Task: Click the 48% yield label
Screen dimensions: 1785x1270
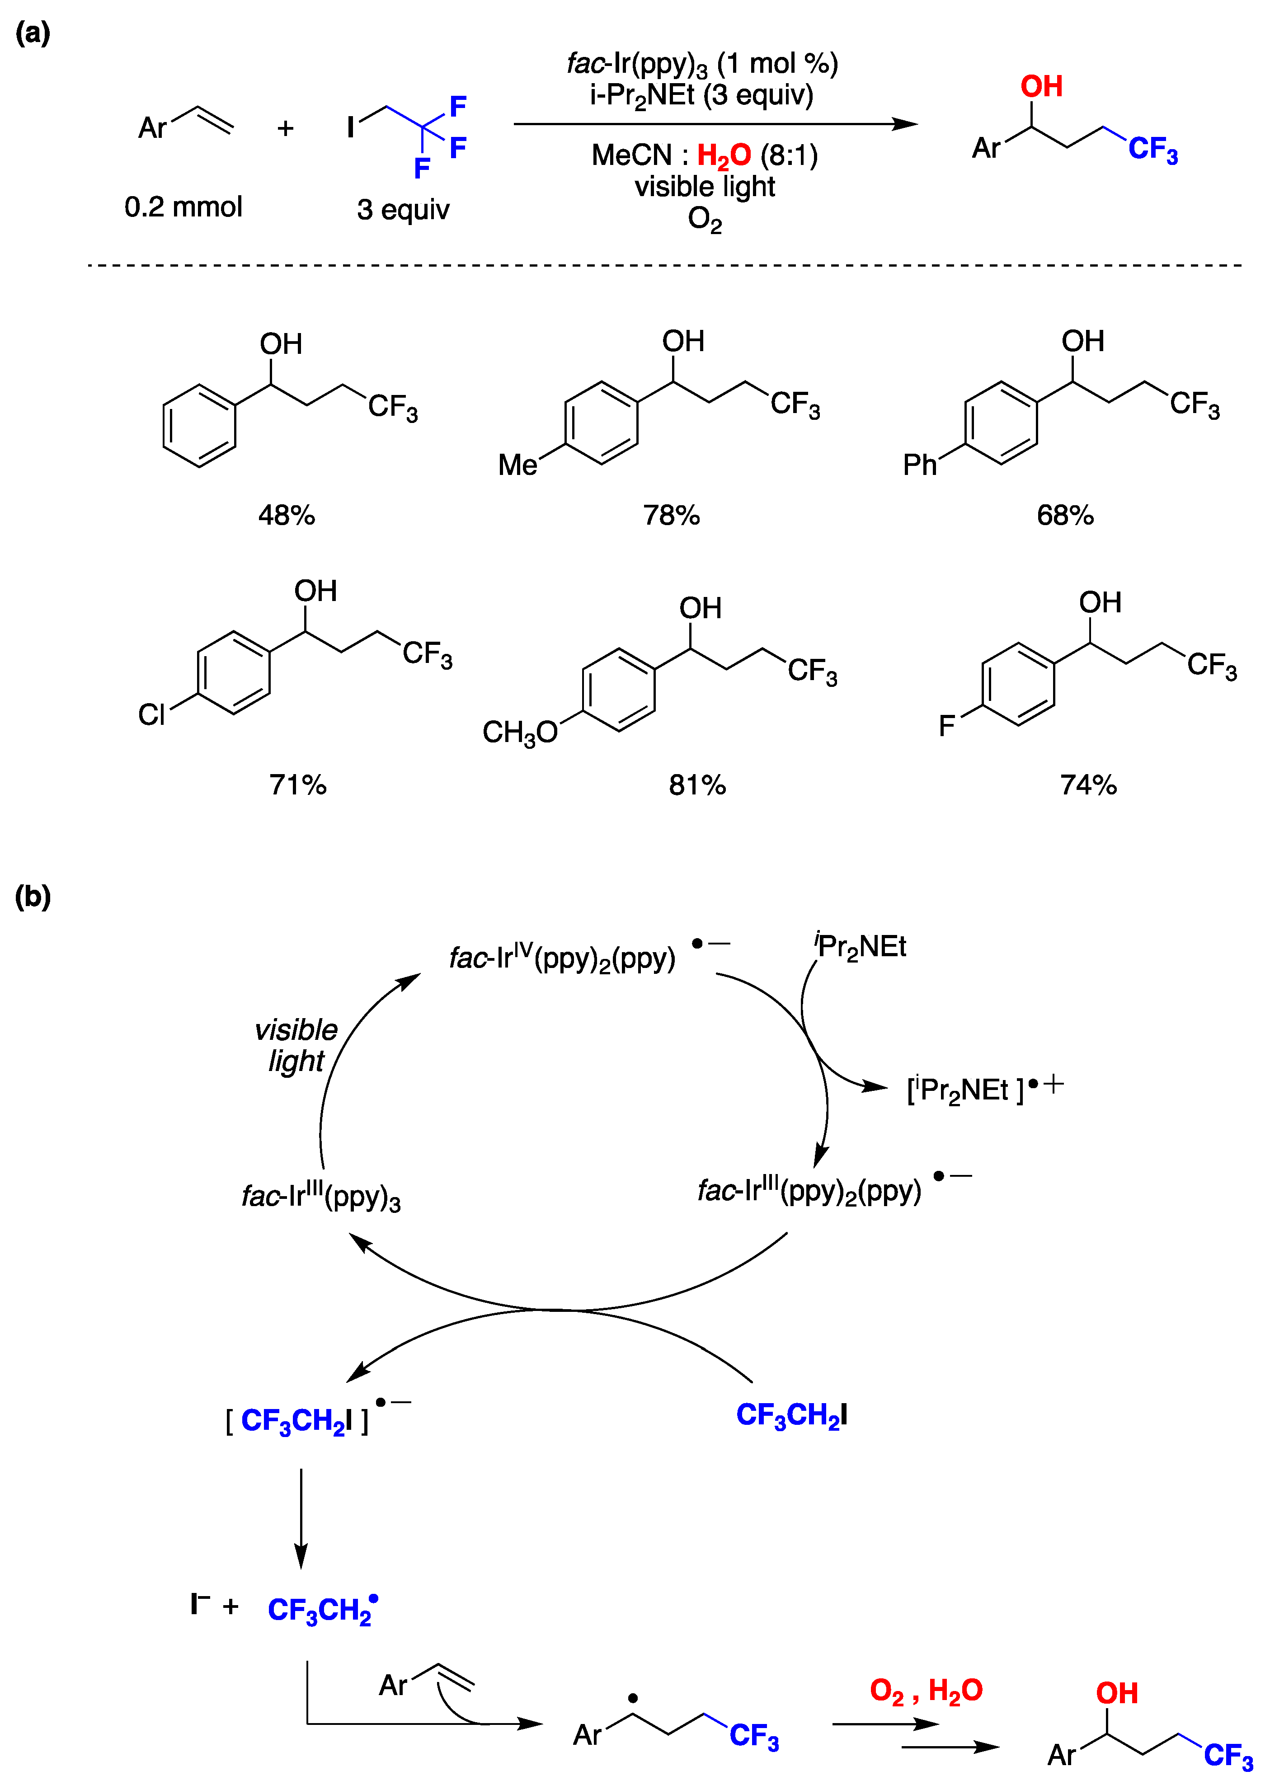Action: [286, 515]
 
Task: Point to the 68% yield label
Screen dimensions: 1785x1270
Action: [1064, 515]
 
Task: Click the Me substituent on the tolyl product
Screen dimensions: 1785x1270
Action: [517, 465]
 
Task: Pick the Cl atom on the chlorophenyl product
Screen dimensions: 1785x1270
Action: [152, 714]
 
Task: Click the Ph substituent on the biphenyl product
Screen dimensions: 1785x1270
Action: [920, 465]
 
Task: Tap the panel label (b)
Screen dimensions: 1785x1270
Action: [33, 897]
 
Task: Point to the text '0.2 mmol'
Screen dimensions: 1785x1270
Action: [183, 207]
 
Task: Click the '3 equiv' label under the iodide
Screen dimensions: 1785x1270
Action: [404, 210]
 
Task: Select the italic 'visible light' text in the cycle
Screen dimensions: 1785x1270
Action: [296, 1045]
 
